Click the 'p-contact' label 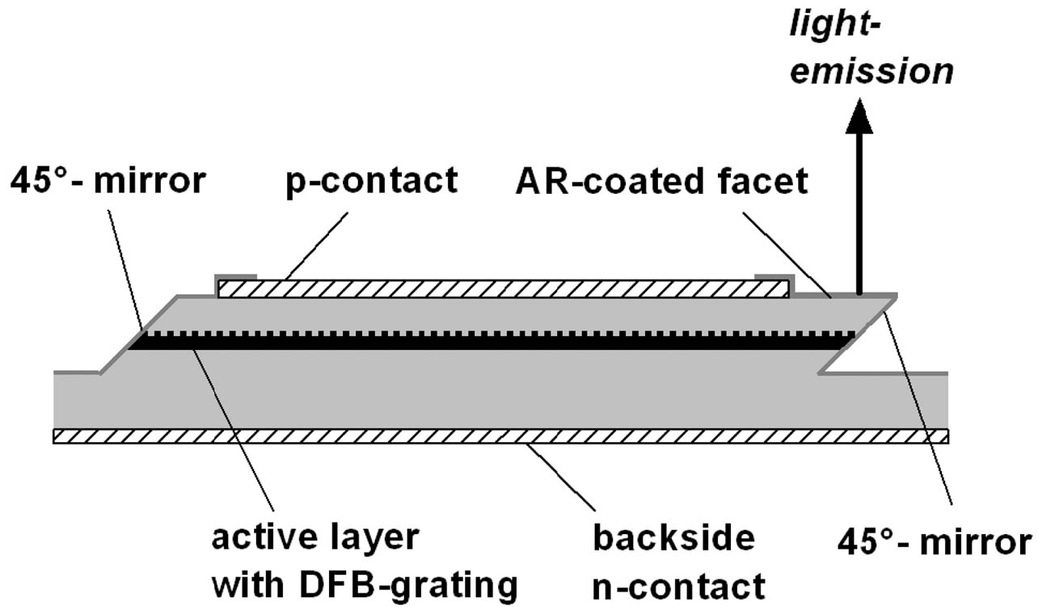[x=371, y=181]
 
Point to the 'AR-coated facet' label [x=661, y=182]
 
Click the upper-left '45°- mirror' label [x=108, y=182]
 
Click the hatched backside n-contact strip [x=500, y=436]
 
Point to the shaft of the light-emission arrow [x=859, y=210]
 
